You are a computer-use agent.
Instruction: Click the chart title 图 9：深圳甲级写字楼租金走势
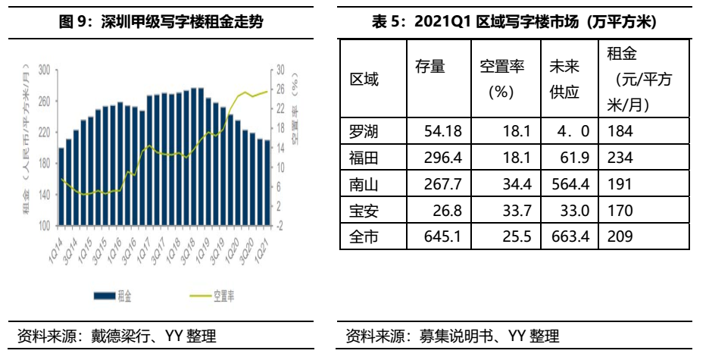tap(161, 21)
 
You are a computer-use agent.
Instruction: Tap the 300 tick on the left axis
tap(44, 70)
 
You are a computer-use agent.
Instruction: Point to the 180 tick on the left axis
tap(44, 163)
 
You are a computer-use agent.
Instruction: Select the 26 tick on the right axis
tap(279, 89)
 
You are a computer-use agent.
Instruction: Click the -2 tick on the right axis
tap(279, 225)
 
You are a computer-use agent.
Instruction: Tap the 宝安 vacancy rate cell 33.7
tap(504, 211)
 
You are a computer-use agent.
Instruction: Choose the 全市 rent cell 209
tap(620, 237)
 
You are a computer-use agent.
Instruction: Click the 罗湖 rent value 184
tap(620, 132)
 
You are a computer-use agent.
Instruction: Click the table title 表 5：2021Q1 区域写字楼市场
tap(514, 21)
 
